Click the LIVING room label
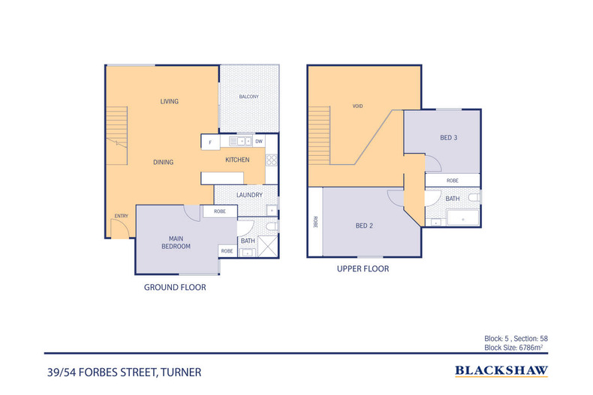coord(169,101)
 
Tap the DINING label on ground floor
coord(164,162)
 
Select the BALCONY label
coord(248,97)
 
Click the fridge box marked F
coord(209,142)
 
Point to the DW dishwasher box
coord(259,141)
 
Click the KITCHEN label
coord(238,160)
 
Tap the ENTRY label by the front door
coord(120,217)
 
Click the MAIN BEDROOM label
coord(176,242)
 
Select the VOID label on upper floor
coord(357,106)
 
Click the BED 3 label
coord(449,137)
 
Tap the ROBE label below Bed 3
coord(453,181)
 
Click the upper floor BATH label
coord(453,199)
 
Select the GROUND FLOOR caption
coord(175,287)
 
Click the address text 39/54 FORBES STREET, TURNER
coord(123,371)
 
